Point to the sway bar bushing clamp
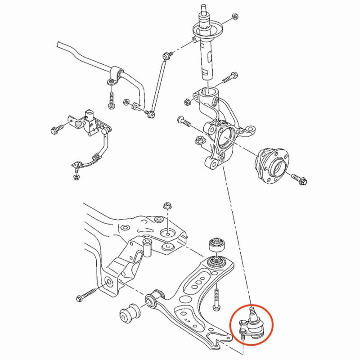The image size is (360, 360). pyautogui.click(x=115, y=75)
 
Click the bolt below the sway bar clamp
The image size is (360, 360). pyautogui.click(x=111, y=100)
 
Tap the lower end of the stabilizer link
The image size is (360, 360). pyautogui.click(x=151, y=114)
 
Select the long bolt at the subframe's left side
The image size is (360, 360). pyautogui.click(x=88, y=295)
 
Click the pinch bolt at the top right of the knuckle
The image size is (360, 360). pyautogui.click(x=229, y=78)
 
